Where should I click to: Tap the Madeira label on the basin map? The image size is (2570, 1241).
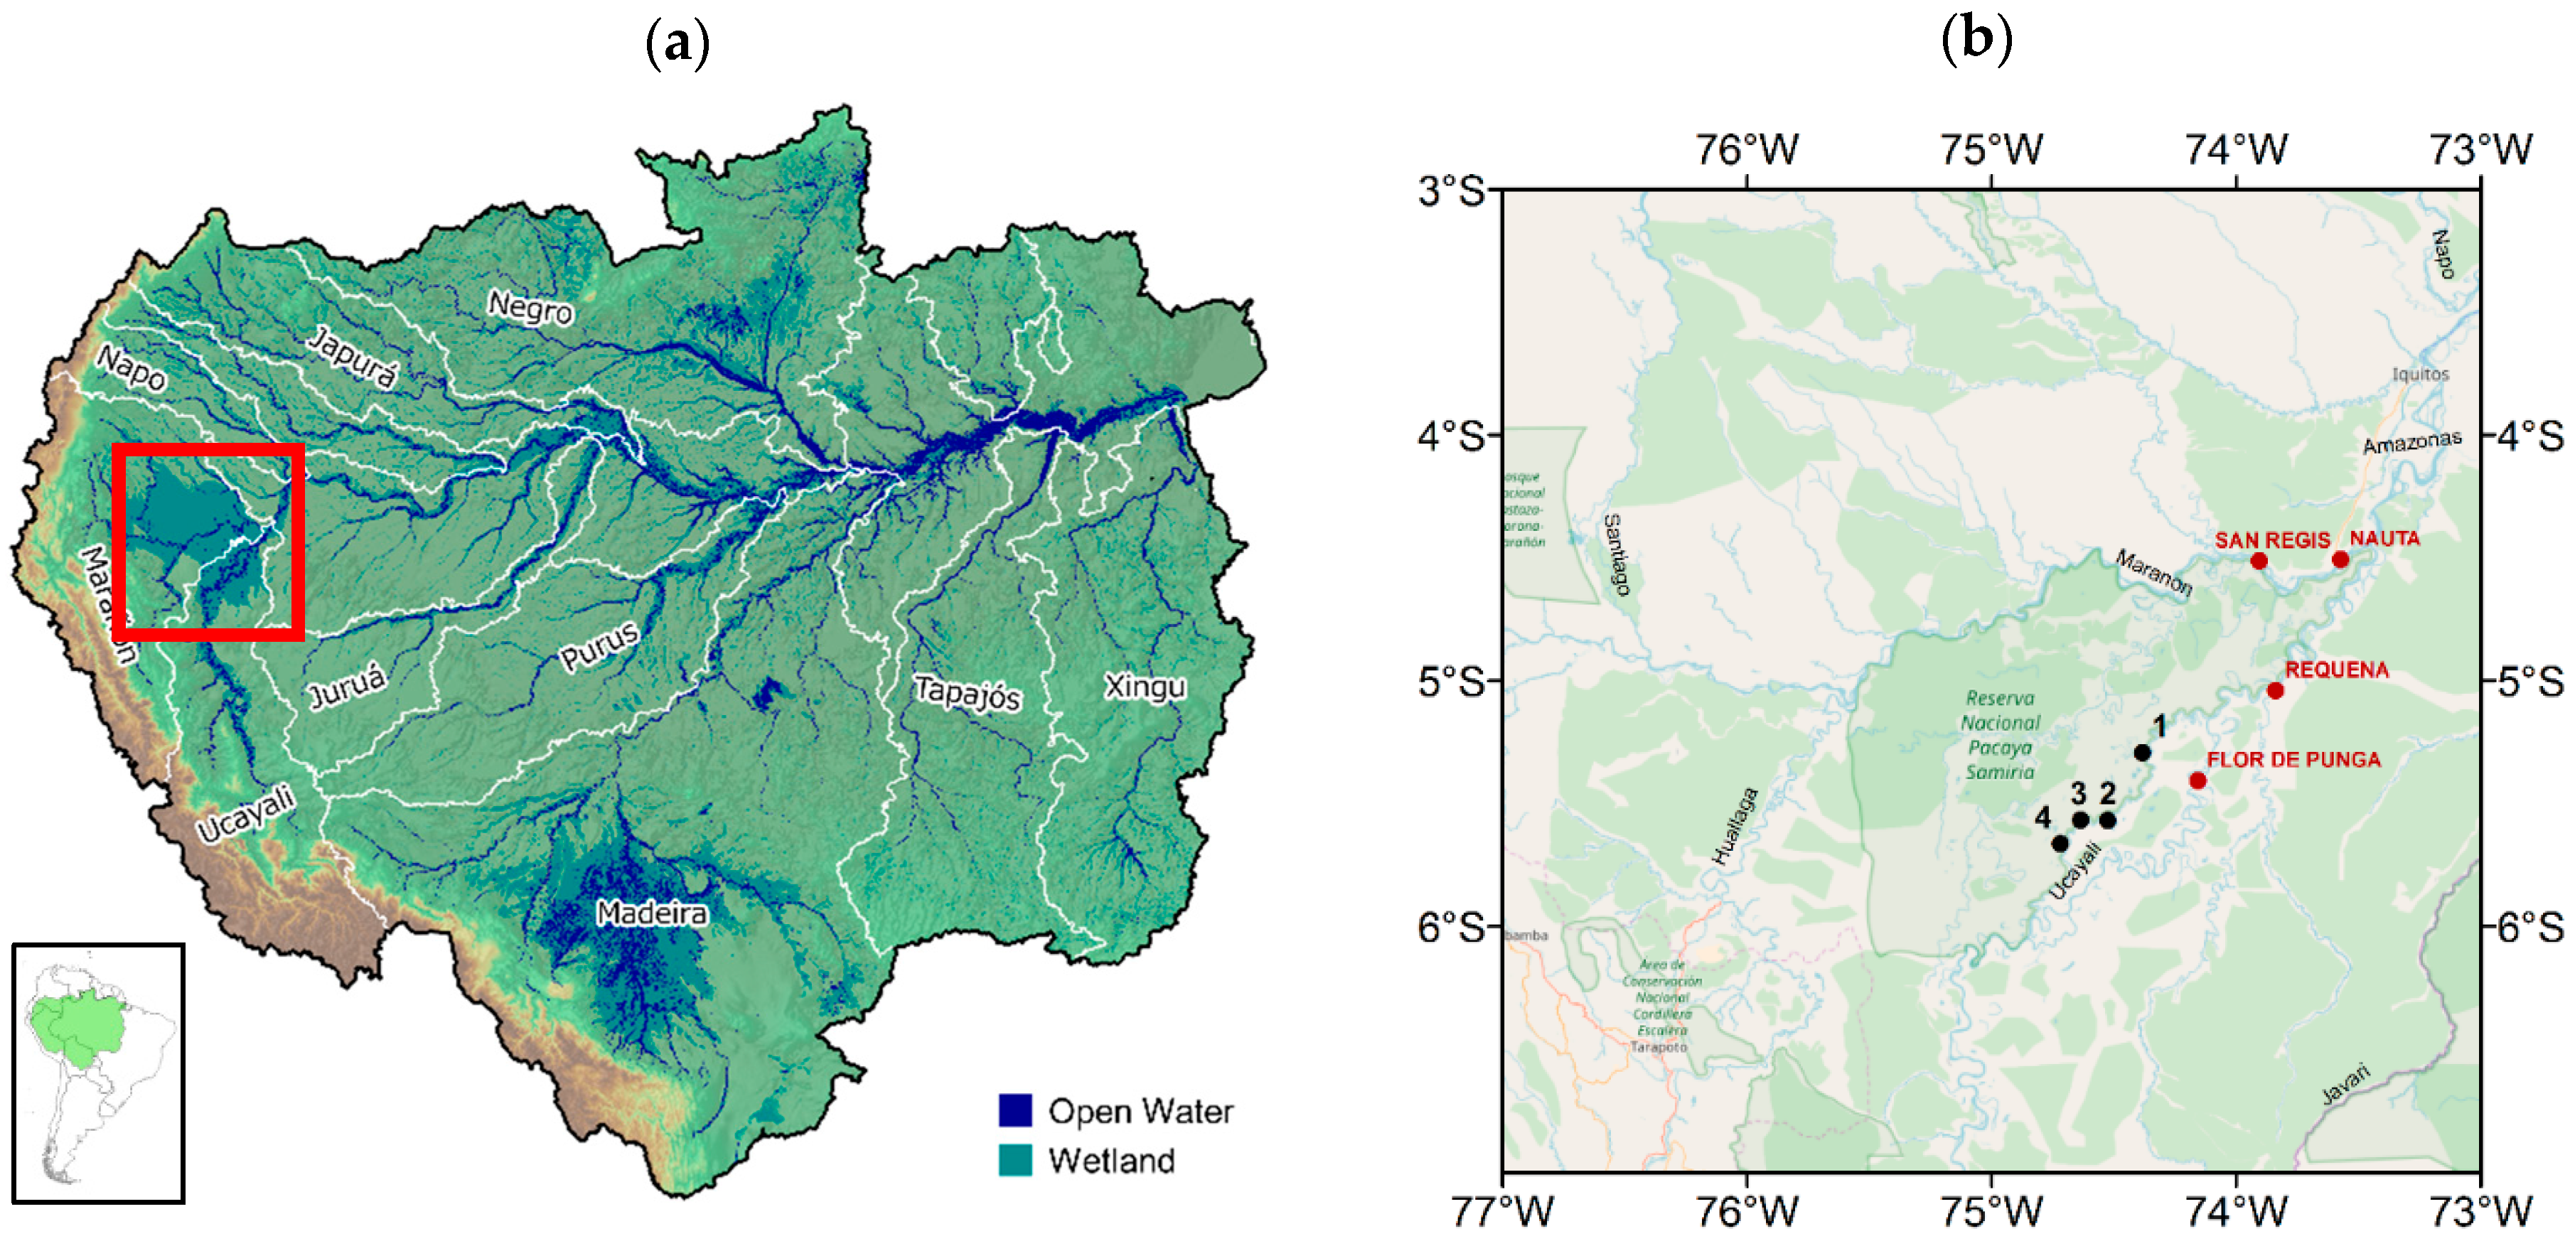pyautogui.click(x=651, y=913)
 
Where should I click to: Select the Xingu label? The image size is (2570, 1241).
pyautogui.click(x=1145, y=687)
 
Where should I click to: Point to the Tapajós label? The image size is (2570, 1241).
pyautogui.click(x=967, y=692)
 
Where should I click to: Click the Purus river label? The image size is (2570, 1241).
pyautogui.click(x=599, y=646)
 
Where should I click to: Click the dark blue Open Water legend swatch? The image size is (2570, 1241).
pyautogui.click(x=1014, y=1110)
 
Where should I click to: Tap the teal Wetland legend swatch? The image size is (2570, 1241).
pyautogui.click(x=1014, y=1159)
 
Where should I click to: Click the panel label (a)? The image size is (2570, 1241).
pyautogui.click(x=678, y=44)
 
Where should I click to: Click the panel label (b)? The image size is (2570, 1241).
pyautogui.click(x=1976, y=40)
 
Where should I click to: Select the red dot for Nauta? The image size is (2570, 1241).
pyautogui.click(x=2340, y=559)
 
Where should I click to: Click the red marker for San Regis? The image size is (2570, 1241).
pyautogui.click(x=2259, y=561)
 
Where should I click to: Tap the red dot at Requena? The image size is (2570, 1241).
pyautogui.click(x=2275, y=690)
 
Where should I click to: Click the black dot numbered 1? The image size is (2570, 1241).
pyautogui.click(x=2142, y=752)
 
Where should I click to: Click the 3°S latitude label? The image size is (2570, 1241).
pyautogui.click(x=1452, y=190)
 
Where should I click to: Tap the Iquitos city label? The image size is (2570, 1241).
pyautogui.click(x=2419, y=374)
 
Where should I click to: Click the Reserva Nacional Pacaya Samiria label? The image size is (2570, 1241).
pyautogui.click(x=1999, y=734)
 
